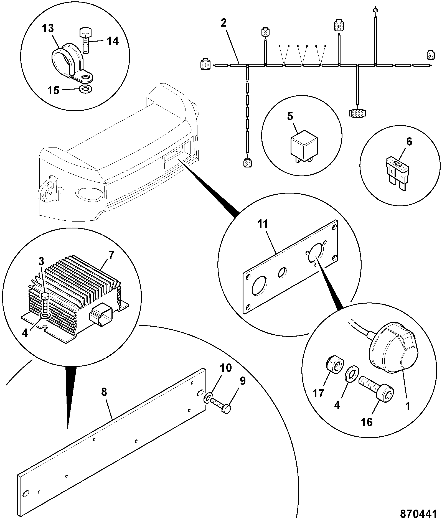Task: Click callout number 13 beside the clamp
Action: pyautogui.click(x=48, y=28)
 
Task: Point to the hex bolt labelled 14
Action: pyautogui.click(x=85, y=40)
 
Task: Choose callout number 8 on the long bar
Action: pyautogui.click(x=104, y=393)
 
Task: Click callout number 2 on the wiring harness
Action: pyautogui.click(x=224, y=23)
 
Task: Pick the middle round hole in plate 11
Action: pyautogui.click(x=283, y=273)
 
